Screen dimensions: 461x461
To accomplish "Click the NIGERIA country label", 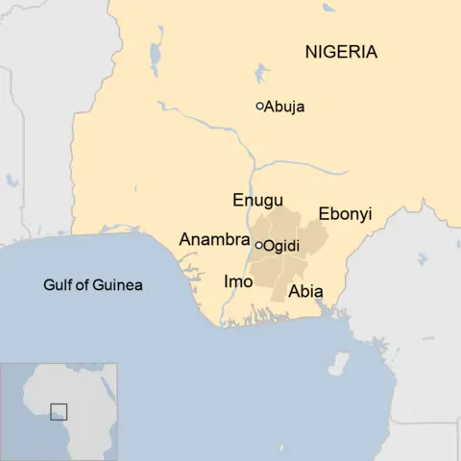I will (341, 52).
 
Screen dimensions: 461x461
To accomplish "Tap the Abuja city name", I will (284, 107).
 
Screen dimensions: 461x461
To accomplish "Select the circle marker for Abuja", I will (259, 107).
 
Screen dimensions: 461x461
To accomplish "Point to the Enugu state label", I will (257, 200).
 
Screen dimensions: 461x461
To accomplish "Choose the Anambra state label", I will (214, 239).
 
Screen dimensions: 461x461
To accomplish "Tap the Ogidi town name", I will (281, 246).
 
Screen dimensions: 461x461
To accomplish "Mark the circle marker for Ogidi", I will (259, 245).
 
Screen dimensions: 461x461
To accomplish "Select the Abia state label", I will (305, 291).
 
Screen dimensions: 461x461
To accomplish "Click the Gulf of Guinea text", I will (92, 284).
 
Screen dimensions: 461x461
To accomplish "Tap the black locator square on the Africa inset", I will (60, 411).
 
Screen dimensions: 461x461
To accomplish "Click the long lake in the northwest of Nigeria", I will (155, 61).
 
